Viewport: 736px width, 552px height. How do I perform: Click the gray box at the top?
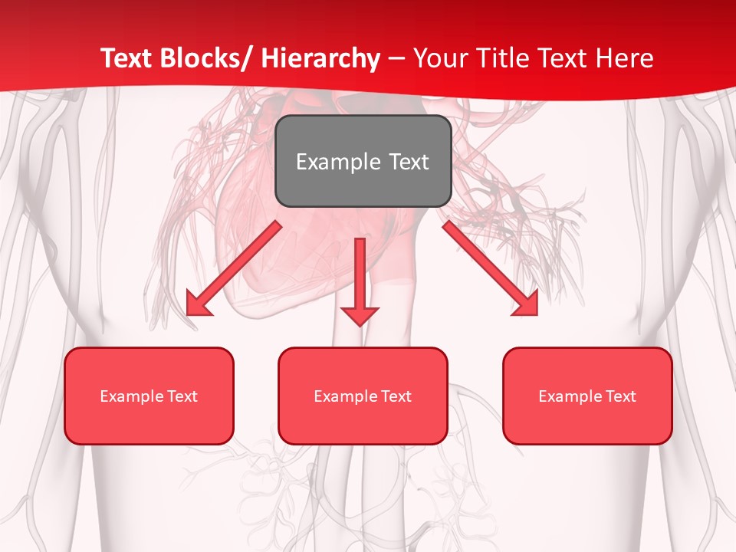point(363,161)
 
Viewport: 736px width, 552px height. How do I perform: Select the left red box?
point(149,396)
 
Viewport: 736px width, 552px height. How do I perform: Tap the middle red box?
point(363,396)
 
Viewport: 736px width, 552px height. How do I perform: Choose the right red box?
point(587,396)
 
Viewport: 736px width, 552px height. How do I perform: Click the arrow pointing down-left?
point(233,268)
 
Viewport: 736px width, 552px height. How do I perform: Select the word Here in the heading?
point(625,58)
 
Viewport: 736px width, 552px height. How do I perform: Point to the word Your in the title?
point(439,58)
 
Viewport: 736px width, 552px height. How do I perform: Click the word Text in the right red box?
point(621,396)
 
